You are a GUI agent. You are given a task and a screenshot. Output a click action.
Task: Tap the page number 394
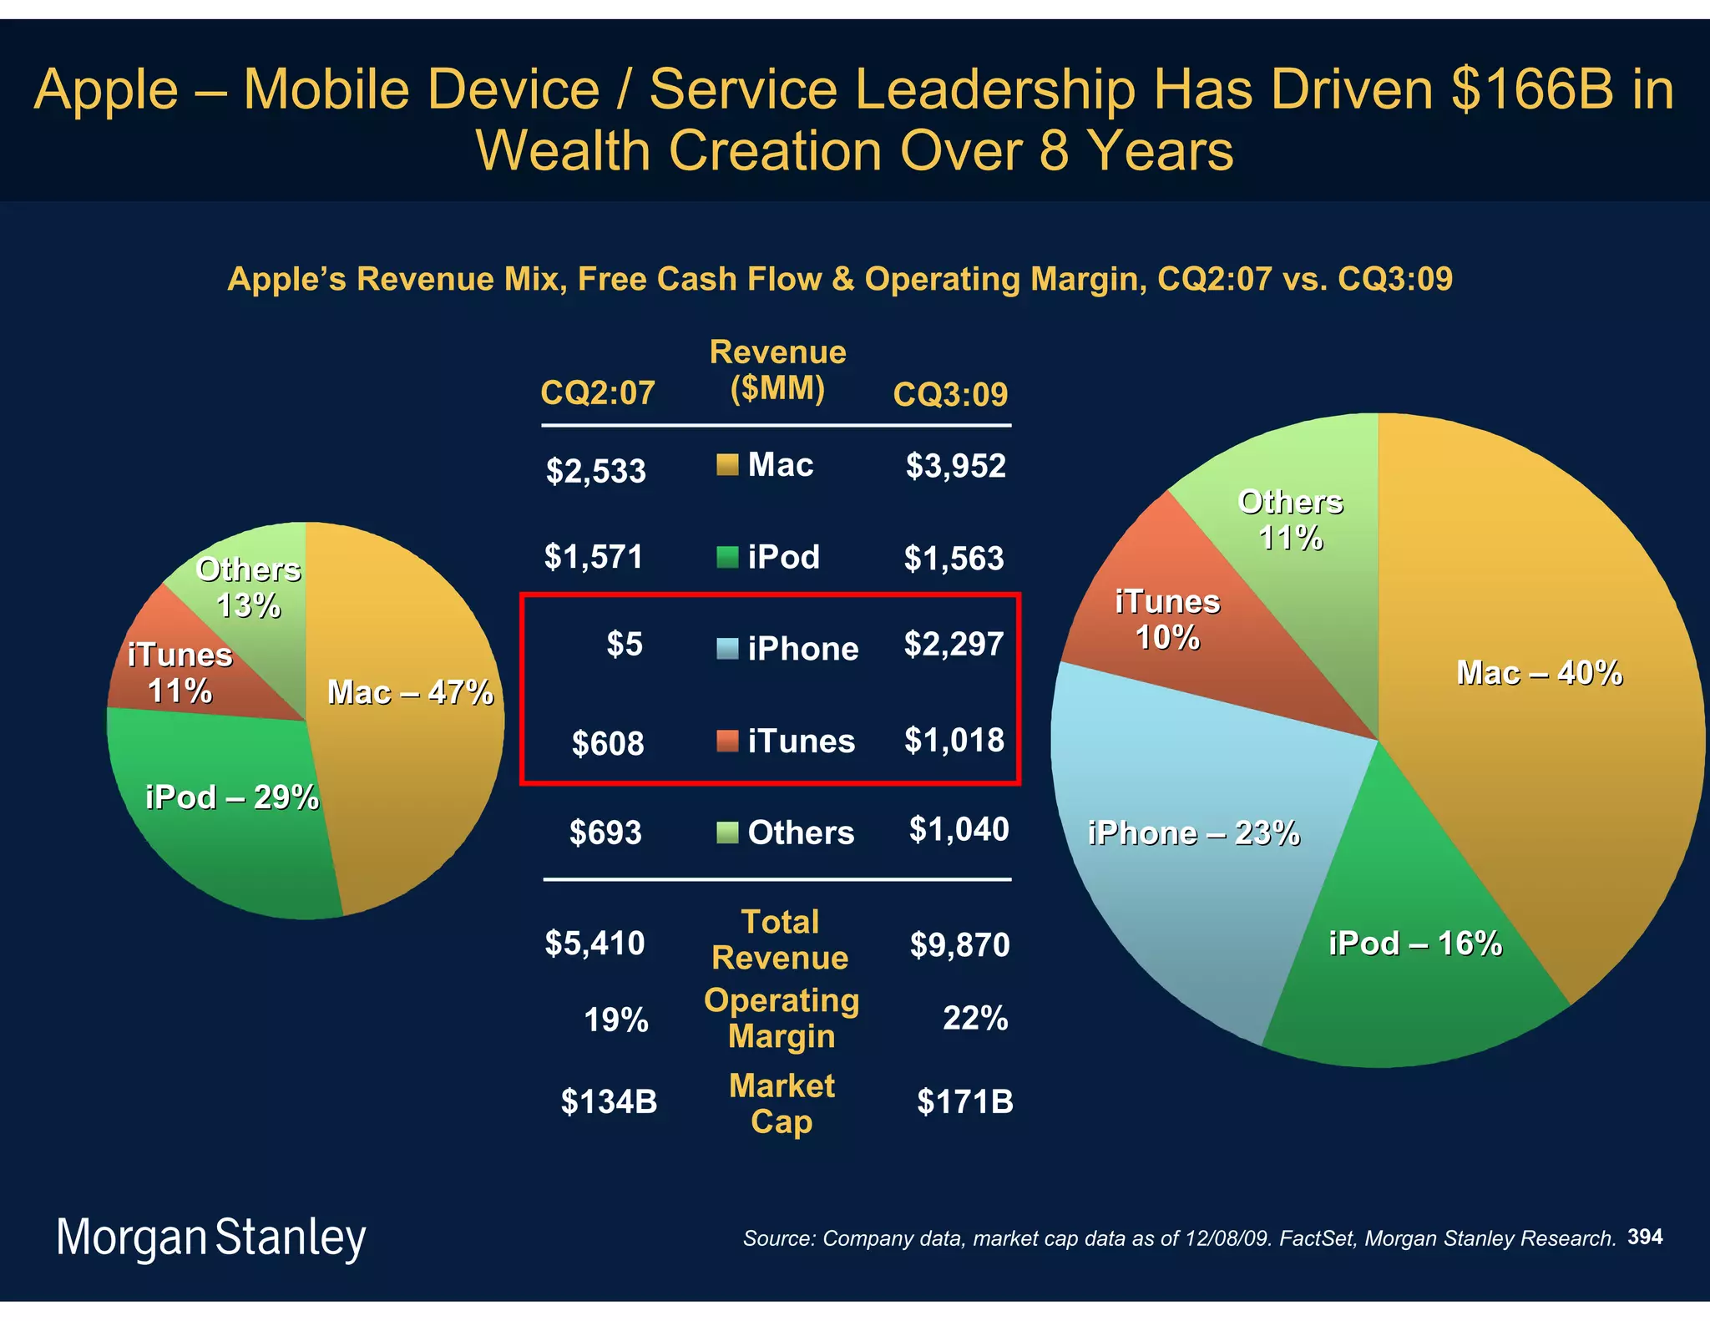pyautogui.click(x=1644, y=1237)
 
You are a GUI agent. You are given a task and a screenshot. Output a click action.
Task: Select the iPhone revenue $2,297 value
pyautogui.click(x=954, y=644)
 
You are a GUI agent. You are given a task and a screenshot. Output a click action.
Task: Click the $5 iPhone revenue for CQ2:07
pyautogui.click(x=625, y=644)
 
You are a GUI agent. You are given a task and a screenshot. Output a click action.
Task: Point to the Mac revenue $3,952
pyautogui.click(x=955, y=466)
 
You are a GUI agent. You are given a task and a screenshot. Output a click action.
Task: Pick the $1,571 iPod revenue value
pyautogui.click(x=594, y=557)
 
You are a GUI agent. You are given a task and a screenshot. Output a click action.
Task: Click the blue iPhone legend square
pyautogui.click(x=727, y=649)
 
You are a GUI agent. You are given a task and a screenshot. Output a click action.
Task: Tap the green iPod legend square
pyautogui.click(x=727, y=557)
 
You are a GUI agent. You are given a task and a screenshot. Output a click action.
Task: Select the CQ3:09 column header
pyautogui.click(x=950, y=394)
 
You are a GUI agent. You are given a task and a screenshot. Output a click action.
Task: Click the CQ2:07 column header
pyautogui.click(x=598, y=392)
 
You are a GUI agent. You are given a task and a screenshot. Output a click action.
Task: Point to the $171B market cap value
pyautogui.click(x=964, y=1102)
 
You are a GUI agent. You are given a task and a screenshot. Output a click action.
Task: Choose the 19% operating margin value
pyautogui.click(x=615, y=1020)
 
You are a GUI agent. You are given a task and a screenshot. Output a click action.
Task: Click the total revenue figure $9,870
pyautogui.click(x=959, y=945)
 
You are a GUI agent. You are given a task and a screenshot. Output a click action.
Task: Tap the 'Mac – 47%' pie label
pyautogui.click(x=409, y=692)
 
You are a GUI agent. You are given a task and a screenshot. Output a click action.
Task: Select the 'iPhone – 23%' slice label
pyautogui.click(x=1193, y=833)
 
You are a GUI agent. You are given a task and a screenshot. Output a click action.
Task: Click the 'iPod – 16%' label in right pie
pyautogui.click(x=1414, y=944)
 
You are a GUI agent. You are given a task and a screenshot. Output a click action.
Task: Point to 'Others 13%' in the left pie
pyautogui.click(x=248, y=587)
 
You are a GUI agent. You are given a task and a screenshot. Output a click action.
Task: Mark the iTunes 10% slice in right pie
pyautogui.click(x=1167, y=620)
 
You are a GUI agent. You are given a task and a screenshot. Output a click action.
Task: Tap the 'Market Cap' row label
pyautogui.click(x=782, y=1103)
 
